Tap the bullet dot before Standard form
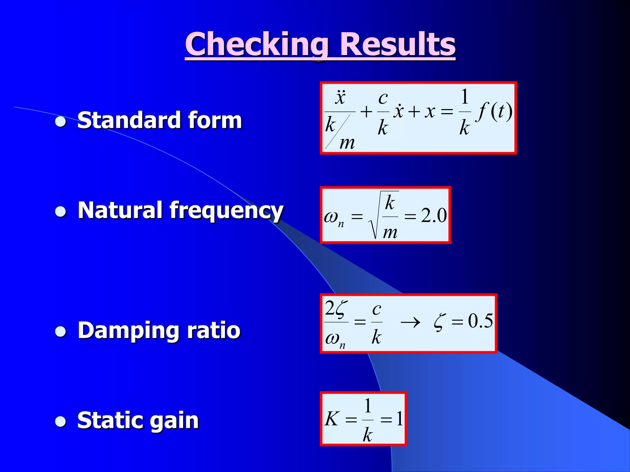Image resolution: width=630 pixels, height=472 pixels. [x=61, y=122]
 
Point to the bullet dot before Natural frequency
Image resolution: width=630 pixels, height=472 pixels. [x=61, y=212]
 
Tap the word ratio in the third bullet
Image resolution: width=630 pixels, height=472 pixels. [x=213, y=330]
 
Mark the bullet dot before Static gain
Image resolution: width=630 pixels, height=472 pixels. [x=61, y=422]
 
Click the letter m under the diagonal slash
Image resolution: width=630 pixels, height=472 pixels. [x=347, y=143]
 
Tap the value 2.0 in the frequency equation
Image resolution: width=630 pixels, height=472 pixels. [x=434, y=215]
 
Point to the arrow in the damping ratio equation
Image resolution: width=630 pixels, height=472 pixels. [x=410, y=322]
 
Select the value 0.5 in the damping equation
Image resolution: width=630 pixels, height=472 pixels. [x=480, y=321]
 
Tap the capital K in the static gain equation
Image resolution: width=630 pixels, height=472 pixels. [x=332, y=419]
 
